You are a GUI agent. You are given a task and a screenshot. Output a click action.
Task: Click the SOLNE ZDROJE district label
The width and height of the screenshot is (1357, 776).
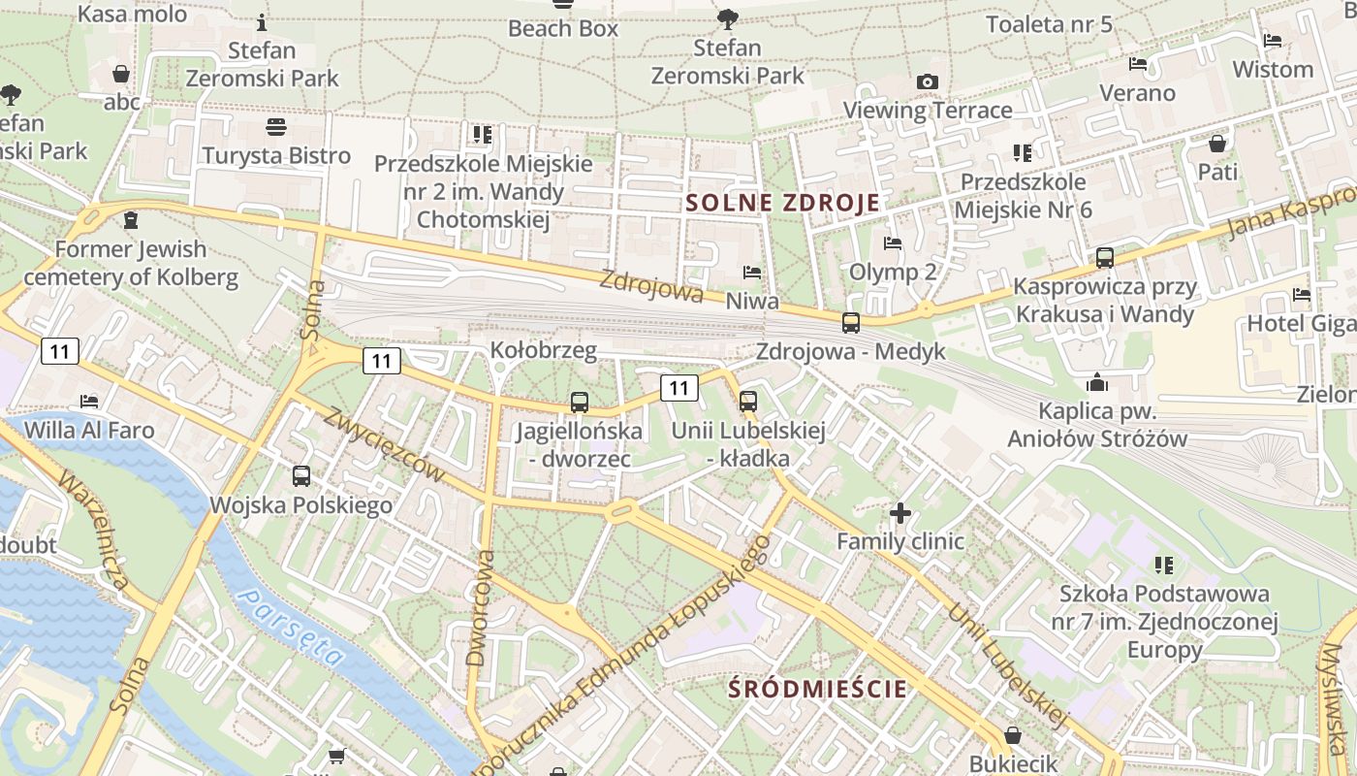pyautogui.click(x=783, y=203)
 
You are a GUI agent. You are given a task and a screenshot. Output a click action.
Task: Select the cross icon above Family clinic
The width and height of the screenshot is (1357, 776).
pyautogui.click(x=900, y=511)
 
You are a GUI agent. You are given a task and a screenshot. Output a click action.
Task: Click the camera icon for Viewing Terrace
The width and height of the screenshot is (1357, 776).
pyautogui.click(x=928, y=81)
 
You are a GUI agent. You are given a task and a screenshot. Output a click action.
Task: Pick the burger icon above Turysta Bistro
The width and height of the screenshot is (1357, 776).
pyautogui.click(x=276, y=127)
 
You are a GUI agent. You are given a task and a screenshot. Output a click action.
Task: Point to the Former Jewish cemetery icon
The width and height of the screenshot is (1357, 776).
pyautogui.click(x=131, y=220)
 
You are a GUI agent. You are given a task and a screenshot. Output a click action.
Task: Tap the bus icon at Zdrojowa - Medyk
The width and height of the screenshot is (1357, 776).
pyautogui.click(x=851, y=322)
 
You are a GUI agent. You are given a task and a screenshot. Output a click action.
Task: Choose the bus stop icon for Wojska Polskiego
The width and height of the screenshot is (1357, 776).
pyautogui.click(x=301, y=476)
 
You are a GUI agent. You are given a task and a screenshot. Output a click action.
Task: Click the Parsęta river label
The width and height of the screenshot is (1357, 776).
pyautogui.click(x=292, y=628)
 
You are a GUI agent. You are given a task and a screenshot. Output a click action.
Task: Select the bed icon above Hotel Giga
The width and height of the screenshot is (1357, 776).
pyautogui.click(x=1301, y=295)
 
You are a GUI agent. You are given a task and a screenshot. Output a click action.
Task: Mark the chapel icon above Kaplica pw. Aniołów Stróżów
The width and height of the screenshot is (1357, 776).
pyautogui.click(x=1097, y=382)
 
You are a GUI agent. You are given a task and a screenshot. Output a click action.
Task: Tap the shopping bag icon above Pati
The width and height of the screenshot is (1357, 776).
pyautogui.click(x=1217, y=144)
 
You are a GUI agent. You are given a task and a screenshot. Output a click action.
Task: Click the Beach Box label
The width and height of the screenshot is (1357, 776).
pyautogui.click(x=563, y=28)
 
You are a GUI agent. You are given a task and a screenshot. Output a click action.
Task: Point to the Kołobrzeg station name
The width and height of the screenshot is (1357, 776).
pyautogui.click(x=543, y=349)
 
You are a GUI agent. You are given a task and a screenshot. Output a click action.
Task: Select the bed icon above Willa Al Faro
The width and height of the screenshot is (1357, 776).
pyautogui.click(x=89, y=401)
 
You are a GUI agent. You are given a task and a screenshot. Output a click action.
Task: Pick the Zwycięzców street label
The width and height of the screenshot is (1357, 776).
pyautogui.click(x=385, y=443)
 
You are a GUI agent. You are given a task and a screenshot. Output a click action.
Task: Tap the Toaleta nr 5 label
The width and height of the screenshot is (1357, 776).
pyautogui.click(x=1049, y=24)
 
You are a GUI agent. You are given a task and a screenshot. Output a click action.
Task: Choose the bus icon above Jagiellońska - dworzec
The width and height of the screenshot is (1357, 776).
pyautogui.click(x=580, y=402)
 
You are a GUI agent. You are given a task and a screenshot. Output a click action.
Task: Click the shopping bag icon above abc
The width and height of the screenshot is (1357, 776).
pyautogui.click(x=121, y=74)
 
